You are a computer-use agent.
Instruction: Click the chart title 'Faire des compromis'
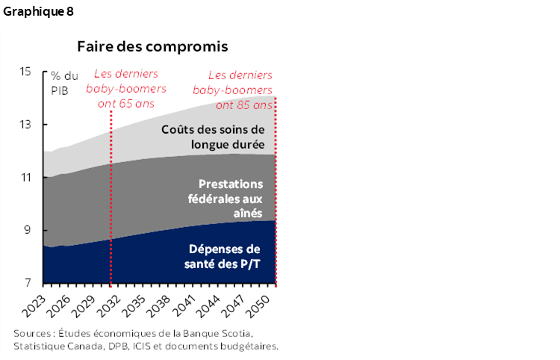tap(152, 46)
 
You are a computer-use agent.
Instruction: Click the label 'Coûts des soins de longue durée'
tap(213, 136)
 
